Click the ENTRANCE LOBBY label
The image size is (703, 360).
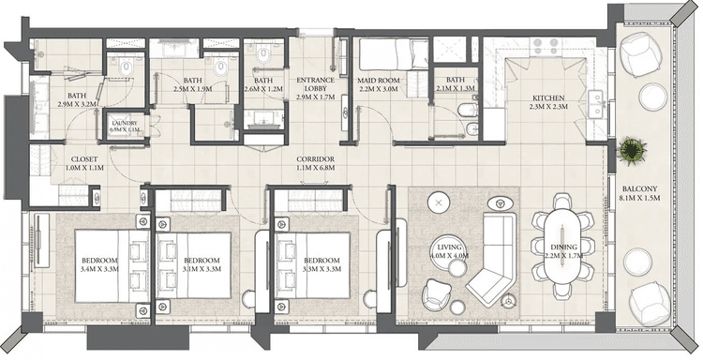tap(316, 88)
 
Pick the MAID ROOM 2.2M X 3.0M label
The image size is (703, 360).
tap(379, 86)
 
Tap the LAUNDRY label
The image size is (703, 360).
tap(125, 127)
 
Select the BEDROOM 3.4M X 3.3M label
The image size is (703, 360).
tap(99, 264)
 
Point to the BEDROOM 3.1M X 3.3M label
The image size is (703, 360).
tap(202, 264)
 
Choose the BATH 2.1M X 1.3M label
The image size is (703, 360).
tap(456, 86)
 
